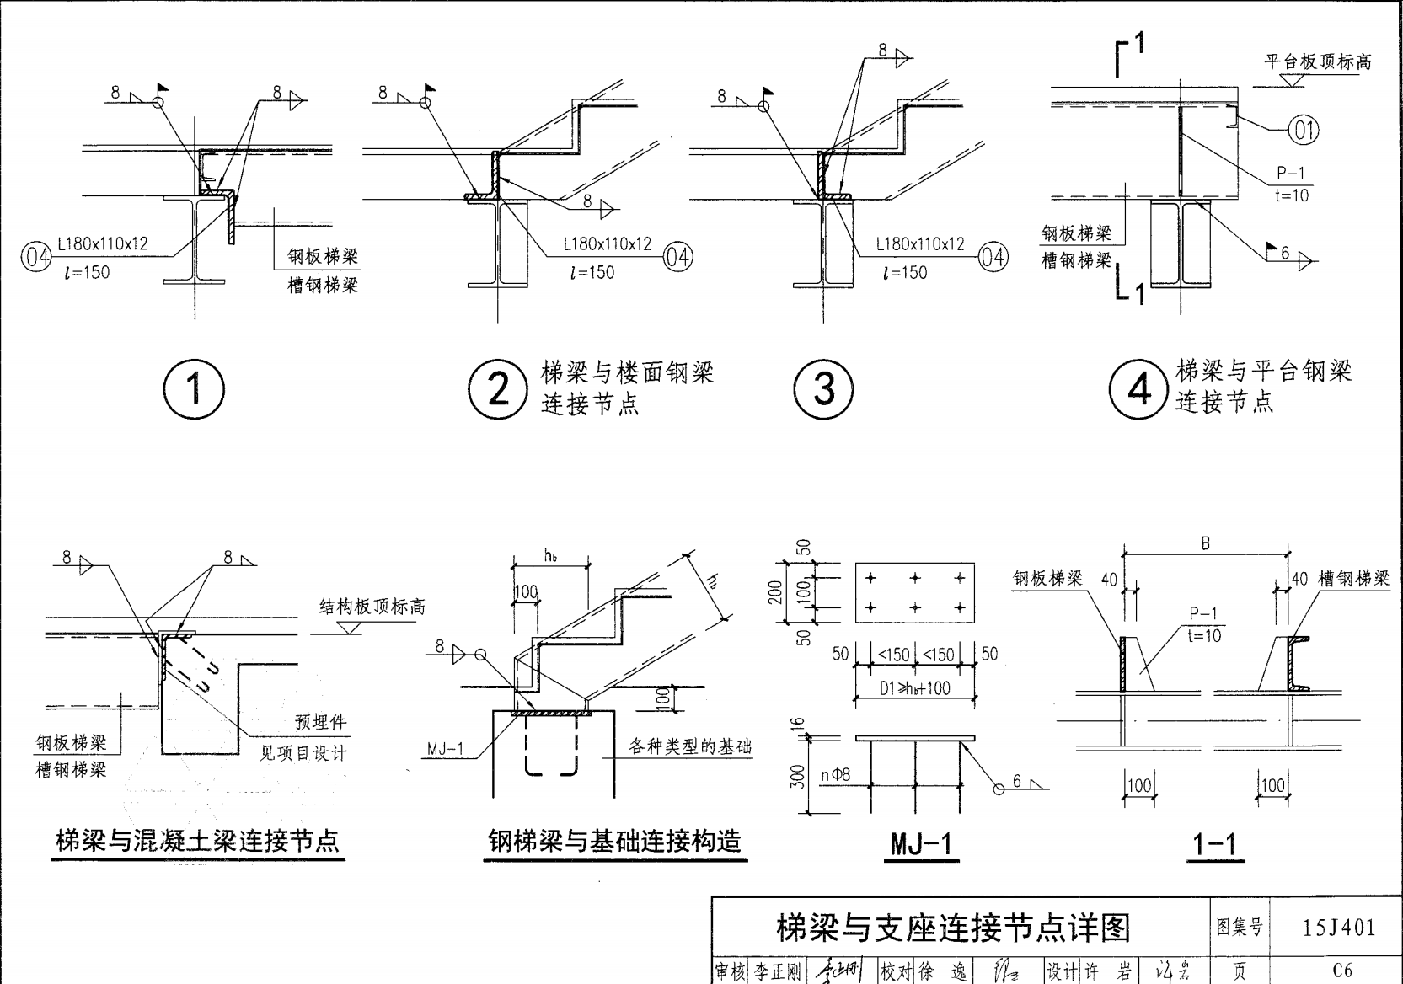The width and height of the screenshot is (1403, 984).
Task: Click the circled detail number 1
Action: pyautogui.click(x=194, y=389)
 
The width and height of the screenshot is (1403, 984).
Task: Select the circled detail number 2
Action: pyautogui.click(x=498, y=389)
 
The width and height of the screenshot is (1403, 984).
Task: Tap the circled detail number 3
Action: pyautogui.click(x=824, y=389)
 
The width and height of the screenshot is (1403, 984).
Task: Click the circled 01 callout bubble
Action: pyautogui.click(x=1304, y=131)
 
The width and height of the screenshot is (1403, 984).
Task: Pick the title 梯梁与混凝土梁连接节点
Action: pyautogui.click(x=197, y=841)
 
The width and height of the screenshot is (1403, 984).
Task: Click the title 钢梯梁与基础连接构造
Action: pyautogui.click(x=615, y=841)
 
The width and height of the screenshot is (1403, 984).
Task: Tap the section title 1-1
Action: pyautogui.click(x=1215, y=843)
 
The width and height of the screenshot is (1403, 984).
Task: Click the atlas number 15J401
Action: pyautogui.click(x=1338, y=928)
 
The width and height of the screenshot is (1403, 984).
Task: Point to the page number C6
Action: pyautogui.click(x=1341, y=971)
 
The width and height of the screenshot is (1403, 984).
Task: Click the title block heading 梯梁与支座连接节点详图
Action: pyautogui.click(x=952, y=928)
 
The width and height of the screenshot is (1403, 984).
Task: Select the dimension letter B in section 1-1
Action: pyautogui.click(x=1205, y=544)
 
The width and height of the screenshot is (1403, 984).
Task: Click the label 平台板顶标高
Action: pyautogui.click(x=1318, y=61)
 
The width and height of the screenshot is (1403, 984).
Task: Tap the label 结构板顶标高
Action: pyautogui.click(x=372, y=607)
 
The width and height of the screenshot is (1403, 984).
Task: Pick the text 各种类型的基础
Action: pyautogui.click(x=689, y=746)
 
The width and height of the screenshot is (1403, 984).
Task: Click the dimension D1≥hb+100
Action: pyautogui.click(x=914, y=688)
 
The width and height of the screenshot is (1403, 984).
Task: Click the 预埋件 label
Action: pyautogui.click(x=320, y=723)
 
